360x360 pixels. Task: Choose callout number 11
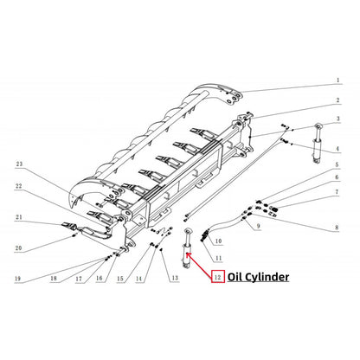(x=219, y=259)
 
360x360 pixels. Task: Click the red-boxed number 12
(x=218, y=278)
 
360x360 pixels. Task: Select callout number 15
(x=121, y=279)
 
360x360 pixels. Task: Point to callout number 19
(x=17, y=279)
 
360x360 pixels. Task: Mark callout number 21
(x=17, y=218)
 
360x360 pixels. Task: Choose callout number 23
(x=17, y=163)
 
